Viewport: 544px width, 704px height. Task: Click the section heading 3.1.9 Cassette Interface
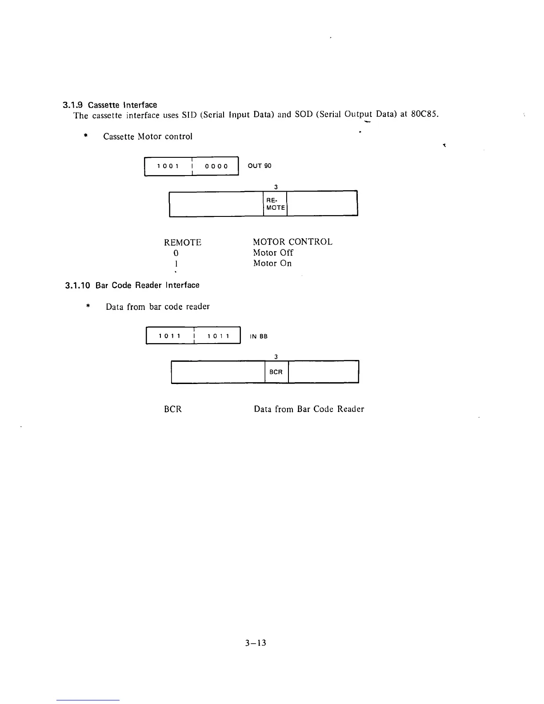(x=109, y=105)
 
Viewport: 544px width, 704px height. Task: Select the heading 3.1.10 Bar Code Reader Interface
(x=132, y=285)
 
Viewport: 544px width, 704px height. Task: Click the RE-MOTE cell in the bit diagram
(x=275, y=204)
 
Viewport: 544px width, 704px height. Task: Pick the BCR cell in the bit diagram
(x=276, y=372)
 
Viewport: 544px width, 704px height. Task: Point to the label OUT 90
(x=260, y=166)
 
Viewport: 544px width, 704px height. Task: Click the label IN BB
(x=259, y=336)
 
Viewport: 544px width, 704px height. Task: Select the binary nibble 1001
(x=168, y=166)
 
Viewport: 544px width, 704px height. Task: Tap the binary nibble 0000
(x=216, y=166)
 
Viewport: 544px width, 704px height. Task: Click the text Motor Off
(x=273, y=252)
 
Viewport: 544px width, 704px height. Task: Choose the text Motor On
(x=272, y=263)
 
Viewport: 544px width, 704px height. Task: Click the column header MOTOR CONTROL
(x=292, y=242)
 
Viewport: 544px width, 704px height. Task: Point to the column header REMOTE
(x=183, y=242)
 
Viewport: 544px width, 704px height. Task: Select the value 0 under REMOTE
(x=176, y=253)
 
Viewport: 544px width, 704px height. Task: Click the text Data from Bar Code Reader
(x=309, y=409)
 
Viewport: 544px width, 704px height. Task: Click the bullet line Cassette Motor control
(x=148, y=136)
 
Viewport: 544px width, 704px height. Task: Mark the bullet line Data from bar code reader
(x=157, y=307)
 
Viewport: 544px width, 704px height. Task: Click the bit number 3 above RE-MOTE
(x=276, y=187)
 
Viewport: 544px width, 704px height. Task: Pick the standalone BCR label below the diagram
(x=173, y=409)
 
